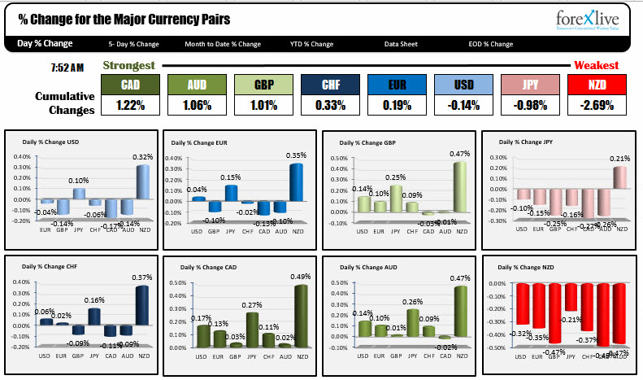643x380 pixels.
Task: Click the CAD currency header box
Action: [129, 85]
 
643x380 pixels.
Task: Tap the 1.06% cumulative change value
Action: [196, 105]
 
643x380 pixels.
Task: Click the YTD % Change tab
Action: [311, 44]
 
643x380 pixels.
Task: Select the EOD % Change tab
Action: [490, 44]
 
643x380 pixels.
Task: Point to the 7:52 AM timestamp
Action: [66, 67]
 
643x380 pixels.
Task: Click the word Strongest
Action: [128, 65]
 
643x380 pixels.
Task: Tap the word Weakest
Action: [596, 65]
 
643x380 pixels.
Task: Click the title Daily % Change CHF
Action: [50, 267]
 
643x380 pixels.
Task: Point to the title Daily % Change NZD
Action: [526, 267]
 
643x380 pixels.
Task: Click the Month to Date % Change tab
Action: [223, 44]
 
